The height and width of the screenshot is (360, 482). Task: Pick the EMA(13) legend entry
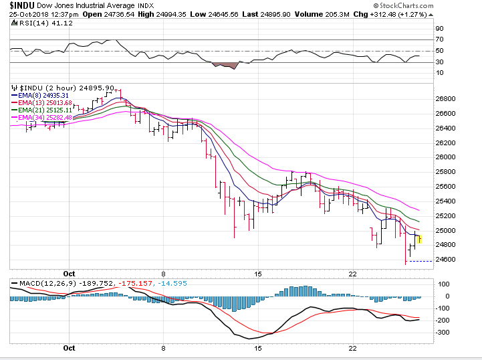pyautogui.click(x=42, y=103)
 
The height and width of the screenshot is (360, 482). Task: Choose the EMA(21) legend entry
pyautogui.click(x=42, y=110)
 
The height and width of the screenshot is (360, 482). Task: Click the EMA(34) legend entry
pyautogui.click(x=42, y=118)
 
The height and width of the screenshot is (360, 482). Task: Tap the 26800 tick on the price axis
pyautogui.click(x=445, y=98)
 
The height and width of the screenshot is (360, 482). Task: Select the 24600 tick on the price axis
pyautogui.click(x=445, y=260)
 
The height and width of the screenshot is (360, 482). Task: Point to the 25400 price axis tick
pyautogui.click(x=445, y=201)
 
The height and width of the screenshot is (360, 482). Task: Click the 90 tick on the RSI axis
pyautogui.click(x=439, y=29)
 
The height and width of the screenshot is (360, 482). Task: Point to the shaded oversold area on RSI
pyautogui.click(x=226, y=65)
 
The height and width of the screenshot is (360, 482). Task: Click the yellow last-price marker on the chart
pyautogui.click(x=420, y=239)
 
